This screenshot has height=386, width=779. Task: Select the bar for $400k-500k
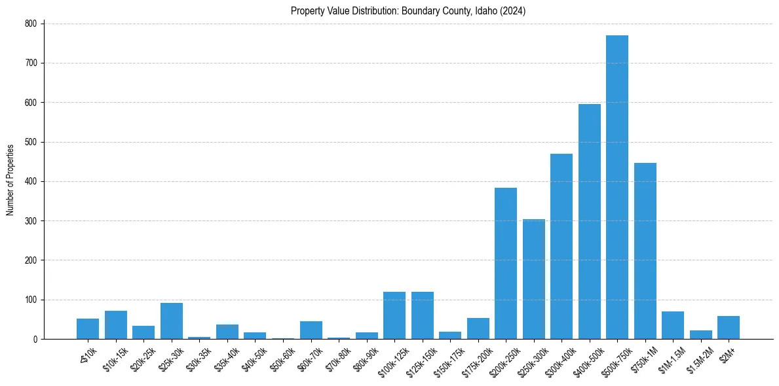(x=589, y=222)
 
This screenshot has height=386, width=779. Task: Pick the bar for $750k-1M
(x=645, y=251)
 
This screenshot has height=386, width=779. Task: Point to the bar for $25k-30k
(x=172, y=321)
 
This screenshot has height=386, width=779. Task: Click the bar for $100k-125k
(x=394, y=315)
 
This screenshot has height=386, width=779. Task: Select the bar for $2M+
(x=729, y=328)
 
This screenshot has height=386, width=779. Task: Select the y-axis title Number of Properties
(x=10, y=180)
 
